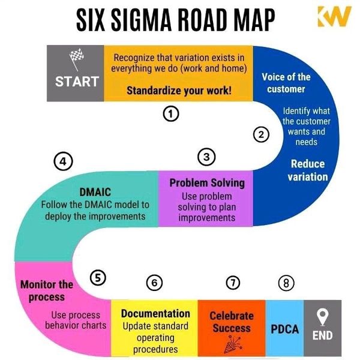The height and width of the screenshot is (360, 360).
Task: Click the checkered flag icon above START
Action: [76, 59]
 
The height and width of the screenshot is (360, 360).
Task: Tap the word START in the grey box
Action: [77, 82]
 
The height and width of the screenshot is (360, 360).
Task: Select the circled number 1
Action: [171, 114]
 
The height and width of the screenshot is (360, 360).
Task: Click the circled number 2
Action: [261, 134]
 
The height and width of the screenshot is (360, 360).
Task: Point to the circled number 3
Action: [206, 157]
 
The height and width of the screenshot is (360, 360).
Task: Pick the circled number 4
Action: [63, 161]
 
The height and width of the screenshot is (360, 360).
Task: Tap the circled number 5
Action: [98, 278]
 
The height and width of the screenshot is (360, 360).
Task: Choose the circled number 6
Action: [154, 283]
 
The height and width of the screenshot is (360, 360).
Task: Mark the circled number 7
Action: [233, 283]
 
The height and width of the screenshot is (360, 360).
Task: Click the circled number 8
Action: [286, 283]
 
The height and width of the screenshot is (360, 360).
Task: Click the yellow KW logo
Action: [334, 17]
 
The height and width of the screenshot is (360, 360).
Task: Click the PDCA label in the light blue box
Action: [284, 329]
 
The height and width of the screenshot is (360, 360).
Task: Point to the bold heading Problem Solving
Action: [207, 183]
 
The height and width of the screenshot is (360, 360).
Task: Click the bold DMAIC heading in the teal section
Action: [95, 192]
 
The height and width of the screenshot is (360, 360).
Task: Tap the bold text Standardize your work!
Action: [179, 91]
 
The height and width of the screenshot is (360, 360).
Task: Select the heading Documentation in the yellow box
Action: [155, 314]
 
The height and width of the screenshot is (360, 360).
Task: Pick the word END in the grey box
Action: [322, 335]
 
